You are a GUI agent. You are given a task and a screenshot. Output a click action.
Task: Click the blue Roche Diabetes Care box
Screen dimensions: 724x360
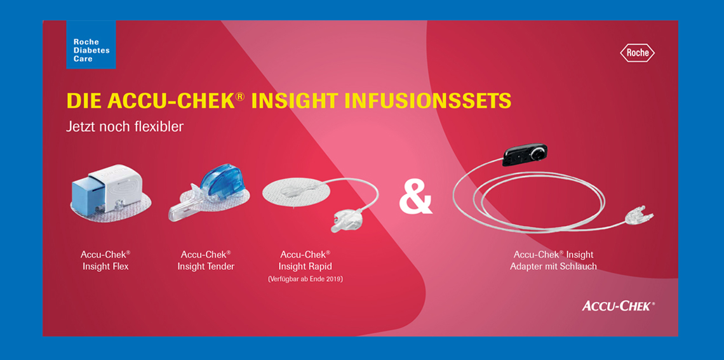point(91,44)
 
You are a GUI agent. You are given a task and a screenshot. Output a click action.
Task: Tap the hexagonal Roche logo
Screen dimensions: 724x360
point(637,53)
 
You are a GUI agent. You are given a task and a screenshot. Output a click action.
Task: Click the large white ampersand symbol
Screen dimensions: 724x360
point(415,199)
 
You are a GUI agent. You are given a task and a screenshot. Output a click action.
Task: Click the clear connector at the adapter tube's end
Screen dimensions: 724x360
point(640,214)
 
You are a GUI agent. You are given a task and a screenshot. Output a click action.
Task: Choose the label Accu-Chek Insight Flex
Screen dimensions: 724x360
point(105,260)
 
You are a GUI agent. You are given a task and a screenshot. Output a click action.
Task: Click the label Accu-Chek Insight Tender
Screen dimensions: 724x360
point(206,260)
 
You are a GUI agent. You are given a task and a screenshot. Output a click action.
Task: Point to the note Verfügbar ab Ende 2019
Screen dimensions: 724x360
point(305,279)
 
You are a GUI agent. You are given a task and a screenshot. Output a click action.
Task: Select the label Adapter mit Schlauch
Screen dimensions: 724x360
point(553,266)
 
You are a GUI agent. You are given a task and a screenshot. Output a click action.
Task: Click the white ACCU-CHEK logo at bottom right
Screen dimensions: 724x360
point(619,305)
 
